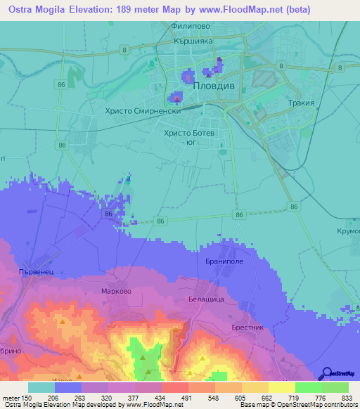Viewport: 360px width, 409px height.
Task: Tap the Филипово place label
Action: (x=191, y=27)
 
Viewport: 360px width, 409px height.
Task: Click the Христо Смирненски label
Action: (x=143, y=110)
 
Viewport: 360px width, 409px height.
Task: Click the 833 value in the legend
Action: (x=347, y=397)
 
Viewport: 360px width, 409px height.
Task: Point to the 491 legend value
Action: (x=186, y=397)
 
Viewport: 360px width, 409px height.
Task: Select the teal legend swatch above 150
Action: (x=41, y=387)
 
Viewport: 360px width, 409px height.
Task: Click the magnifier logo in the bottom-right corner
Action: (x=328, y=373)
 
